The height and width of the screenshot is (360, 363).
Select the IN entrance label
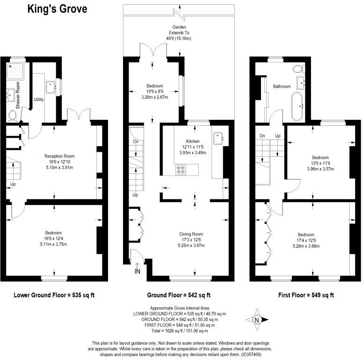point(138,271)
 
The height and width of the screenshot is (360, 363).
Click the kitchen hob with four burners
point(181,169)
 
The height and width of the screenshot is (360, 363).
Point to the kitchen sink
point(218,137)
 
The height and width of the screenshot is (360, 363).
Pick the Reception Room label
point(59,156)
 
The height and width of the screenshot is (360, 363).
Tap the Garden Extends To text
point(179,33)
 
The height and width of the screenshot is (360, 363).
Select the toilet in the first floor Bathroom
point(298,69)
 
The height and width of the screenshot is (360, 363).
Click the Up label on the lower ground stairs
point(13,184)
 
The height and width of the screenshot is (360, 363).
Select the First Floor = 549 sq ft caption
point(306,295)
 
